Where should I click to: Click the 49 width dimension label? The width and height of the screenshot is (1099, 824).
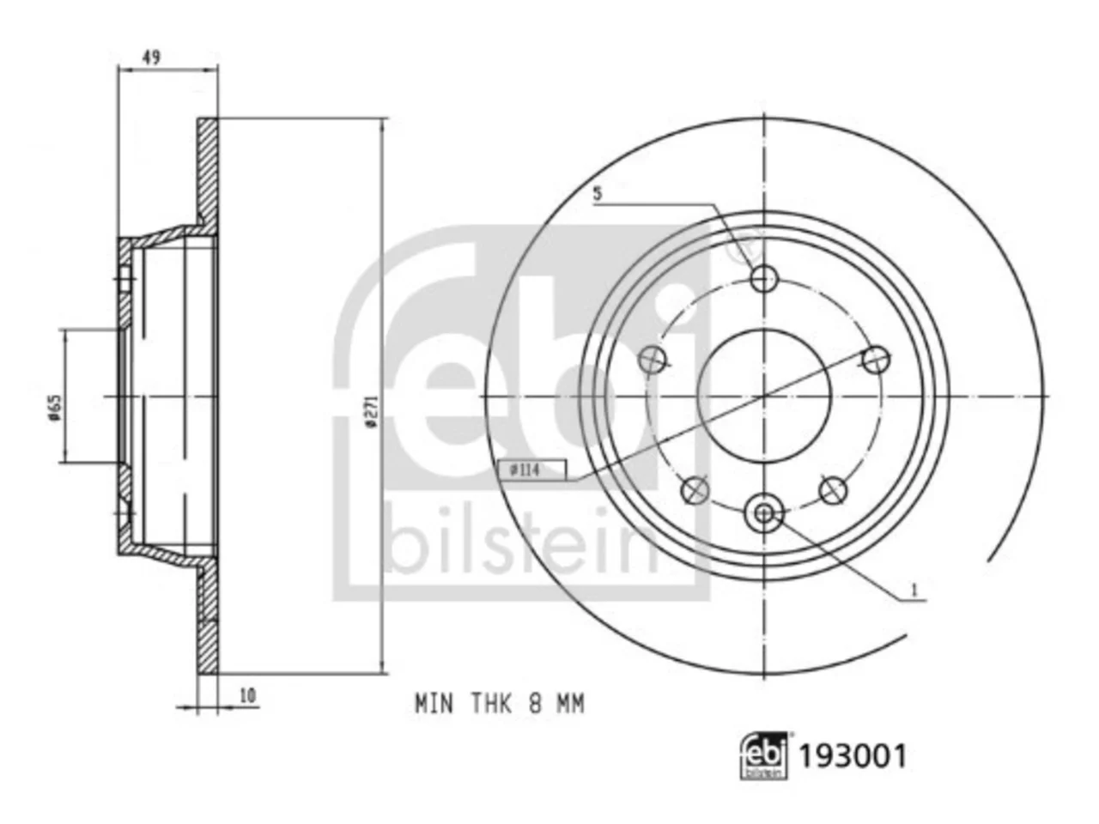151,58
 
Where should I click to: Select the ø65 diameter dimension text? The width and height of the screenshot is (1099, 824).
55,408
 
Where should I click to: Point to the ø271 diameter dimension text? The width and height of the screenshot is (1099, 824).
371,411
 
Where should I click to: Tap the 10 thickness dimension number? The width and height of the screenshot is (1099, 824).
248,695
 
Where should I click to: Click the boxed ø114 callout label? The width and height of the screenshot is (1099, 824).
532,470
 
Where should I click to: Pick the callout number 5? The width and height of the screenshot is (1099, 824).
597,194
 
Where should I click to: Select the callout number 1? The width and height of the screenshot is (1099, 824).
914,591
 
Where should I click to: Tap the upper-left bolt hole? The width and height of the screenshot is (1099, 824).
653,359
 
